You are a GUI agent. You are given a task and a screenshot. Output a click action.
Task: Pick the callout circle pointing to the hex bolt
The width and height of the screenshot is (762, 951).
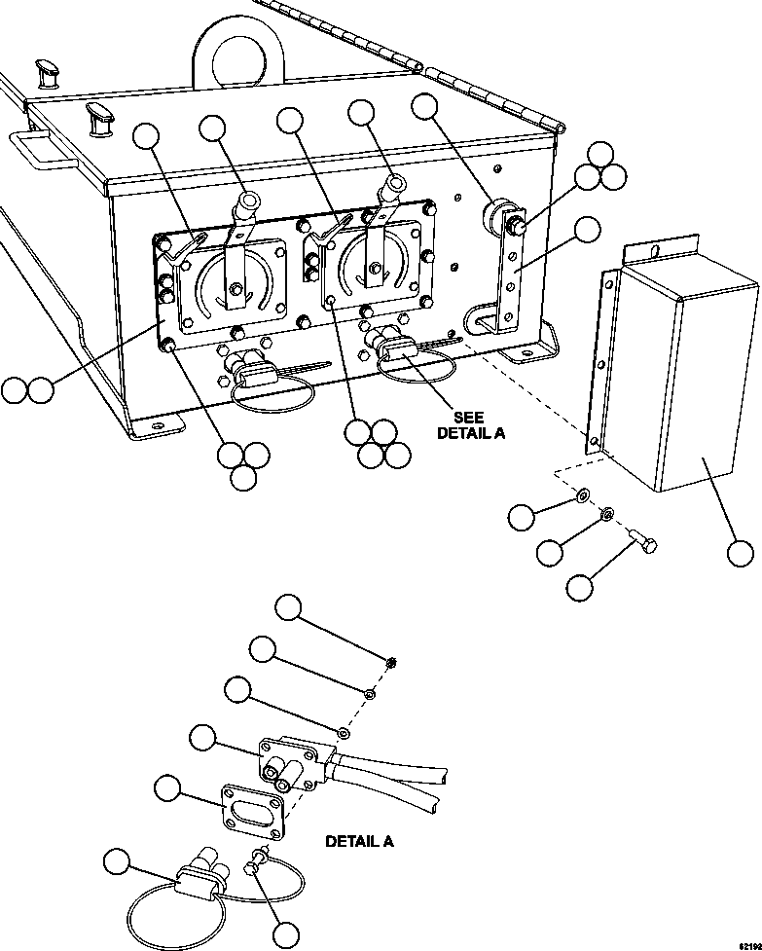(x=580, y=587)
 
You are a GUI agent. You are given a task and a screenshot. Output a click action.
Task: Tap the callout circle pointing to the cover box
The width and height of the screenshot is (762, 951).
(x=740, y=554)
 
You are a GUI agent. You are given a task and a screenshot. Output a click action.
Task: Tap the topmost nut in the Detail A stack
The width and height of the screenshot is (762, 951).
(x=390, y=663)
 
